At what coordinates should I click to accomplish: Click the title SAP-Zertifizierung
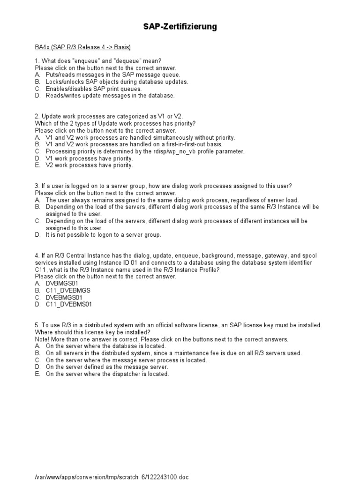[x=180, y=27]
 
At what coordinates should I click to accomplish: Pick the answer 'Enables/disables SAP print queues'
[x=93, y=89]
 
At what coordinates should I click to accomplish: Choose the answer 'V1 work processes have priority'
[x=89, y=158]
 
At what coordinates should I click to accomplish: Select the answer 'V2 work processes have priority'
[x=89, y=165]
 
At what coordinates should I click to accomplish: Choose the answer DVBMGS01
[x=62, y=284]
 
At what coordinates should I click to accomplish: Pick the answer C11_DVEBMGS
[x=68, y=291]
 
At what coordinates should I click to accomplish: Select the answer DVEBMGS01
[x=64, y=298]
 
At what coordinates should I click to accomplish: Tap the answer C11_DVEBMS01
[x=69, y=305]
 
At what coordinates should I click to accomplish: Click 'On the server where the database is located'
[x=106, y=346]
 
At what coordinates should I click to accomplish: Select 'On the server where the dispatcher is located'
[x=107, y=374]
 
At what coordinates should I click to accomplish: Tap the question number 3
[x=37, y=186]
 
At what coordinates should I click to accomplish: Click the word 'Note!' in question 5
[x=42, y=339]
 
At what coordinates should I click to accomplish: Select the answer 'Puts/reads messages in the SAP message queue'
[x=112, y=75]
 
